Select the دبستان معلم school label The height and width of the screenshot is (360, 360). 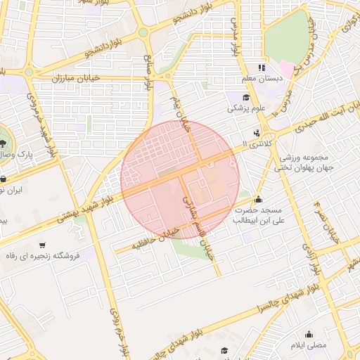(262, 79)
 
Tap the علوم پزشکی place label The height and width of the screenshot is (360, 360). (247, 108)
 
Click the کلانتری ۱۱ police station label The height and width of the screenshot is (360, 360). (255, 143)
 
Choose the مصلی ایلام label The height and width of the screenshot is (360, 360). (309, 347)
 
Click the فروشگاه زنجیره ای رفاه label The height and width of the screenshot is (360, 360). (44, 257)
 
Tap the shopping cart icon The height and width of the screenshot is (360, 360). (44, 245)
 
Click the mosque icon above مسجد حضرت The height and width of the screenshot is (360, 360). (259, 199)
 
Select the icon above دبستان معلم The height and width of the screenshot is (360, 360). (262, 68)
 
